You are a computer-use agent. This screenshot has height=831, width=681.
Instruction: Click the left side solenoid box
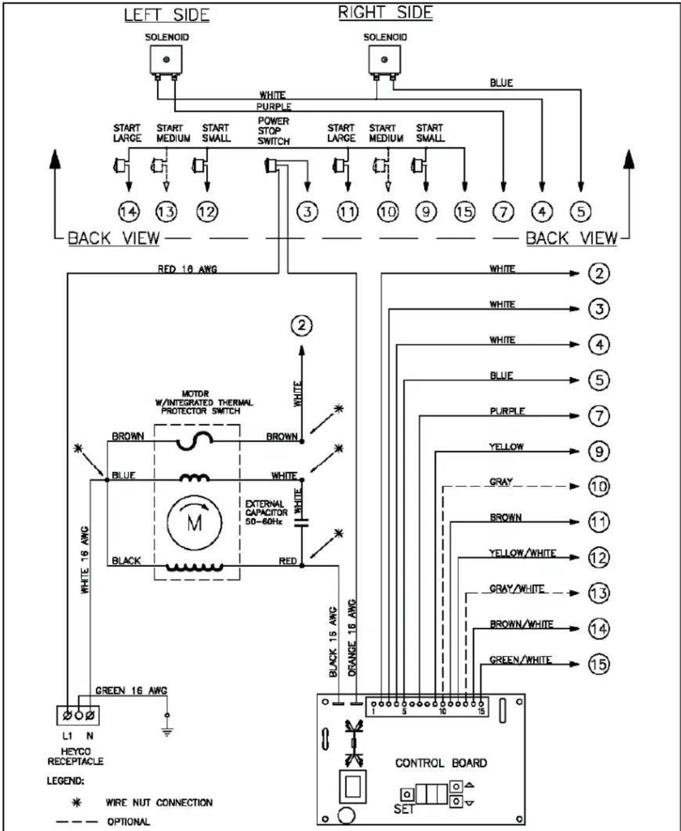click(166, 59)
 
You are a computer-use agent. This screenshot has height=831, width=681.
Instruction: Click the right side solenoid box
click(384, 59)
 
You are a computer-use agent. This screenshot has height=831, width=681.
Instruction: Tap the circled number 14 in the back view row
click(129, 212)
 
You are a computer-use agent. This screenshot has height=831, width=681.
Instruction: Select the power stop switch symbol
click(271, 165)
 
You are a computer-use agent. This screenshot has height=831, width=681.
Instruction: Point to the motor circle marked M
click(194, 523)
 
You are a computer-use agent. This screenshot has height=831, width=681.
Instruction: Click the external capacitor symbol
click(302, 523)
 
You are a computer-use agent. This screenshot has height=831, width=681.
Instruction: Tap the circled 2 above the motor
click(301, 325)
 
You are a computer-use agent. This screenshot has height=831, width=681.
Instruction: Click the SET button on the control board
click(408, 793)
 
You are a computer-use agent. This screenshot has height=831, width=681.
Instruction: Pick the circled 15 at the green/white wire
click(599, 664)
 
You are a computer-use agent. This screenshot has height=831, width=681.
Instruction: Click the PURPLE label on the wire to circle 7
click(507, 411)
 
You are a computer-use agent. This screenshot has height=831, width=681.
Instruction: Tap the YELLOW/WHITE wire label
click(522, 553)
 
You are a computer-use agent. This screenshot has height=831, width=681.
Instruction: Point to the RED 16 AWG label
click(187, 269)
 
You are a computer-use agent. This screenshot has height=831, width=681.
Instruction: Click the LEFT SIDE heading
click(167, 15)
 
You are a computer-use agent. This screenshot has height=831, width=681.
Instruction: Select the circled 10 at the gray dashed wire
click(599, 487)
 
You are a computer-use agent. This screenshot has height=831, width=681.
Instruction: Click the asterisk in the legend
click(78, 802)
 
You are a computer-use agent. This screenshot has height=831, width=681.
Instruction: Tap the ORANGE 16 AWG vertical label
click(352, 638)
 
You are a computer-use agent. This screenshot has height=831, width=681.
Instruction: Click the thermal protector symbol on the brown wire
click(195, 441)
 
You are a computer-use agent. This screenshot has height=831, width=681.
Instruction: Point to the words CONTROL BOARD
click(441, 763)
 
